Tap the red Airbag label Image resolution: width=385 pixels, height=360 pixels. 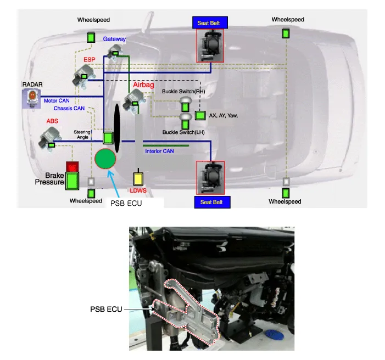tap(142, 85)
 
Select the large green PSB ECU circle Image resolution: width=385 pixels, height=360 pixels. tap(105, 159)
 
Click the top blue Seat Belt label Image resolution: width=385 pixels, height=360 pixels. tap(209, 24)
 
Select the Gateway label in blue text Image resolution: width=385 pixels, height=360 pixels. tap(114, 39)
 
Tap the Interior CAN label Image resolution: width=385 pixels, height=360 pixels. tap(160, 151)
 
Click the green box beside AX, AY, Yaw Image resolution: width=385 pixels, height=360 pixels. tap(200, 116)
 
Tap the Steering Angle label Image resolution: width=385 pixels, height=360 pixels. tap(83, 134)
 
